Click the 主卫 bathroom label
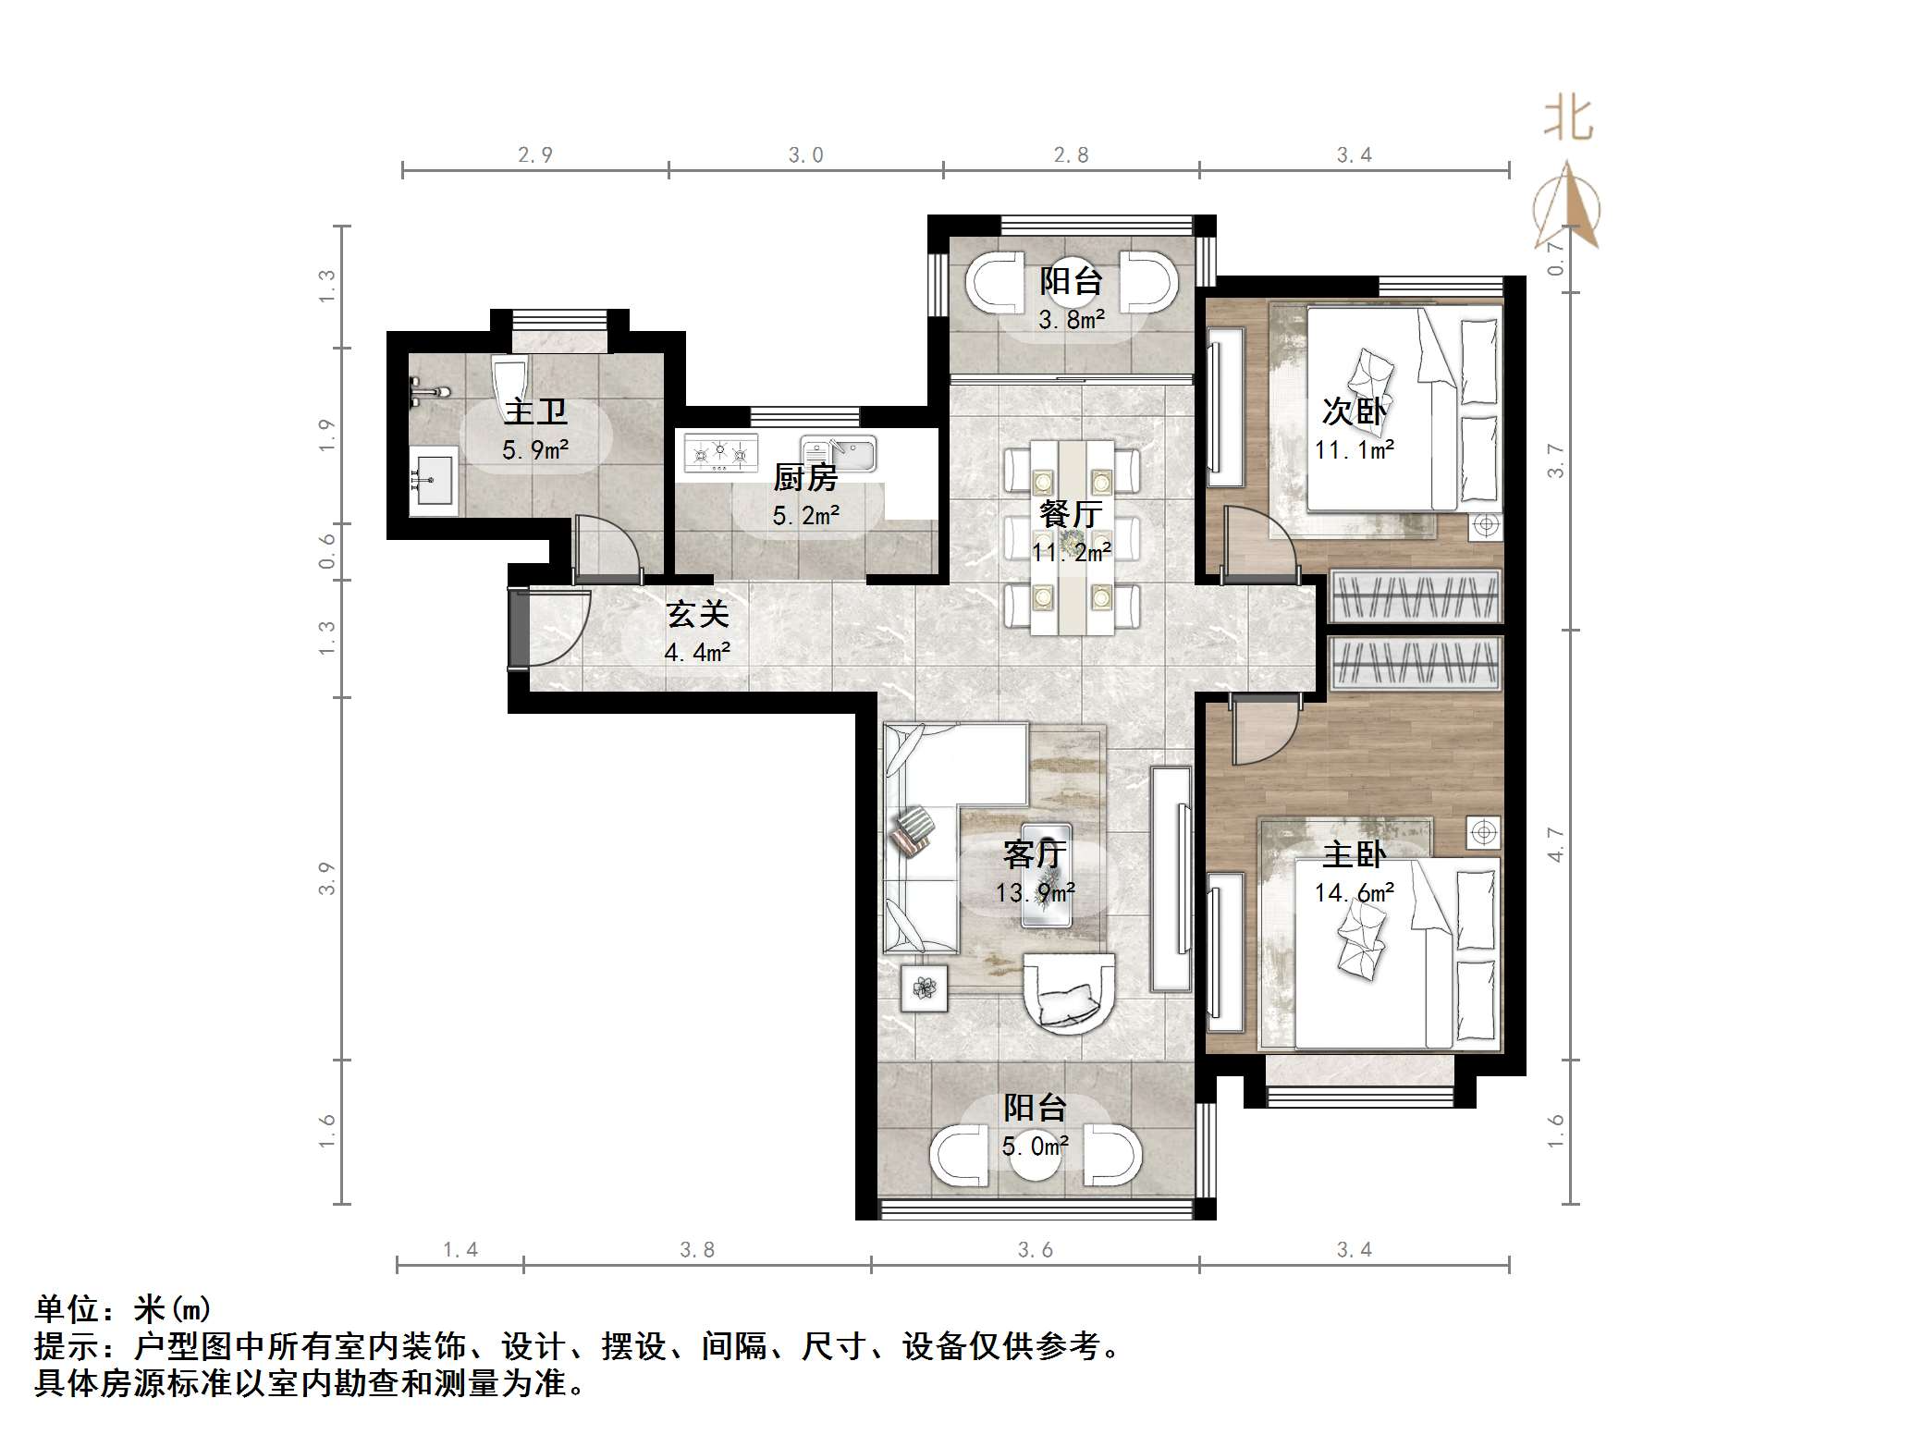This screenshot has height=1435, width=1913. pyautogui.click(x=534, y=411)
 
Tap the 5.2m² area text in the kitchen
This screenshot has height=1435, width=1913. pyautogui.click(x=806, y=516)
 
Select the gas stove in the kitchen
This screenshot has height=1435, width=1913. pyautogui.click(x=719, y=453)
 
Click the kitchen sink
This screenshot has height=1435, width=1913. pyautogui.click(x=839, y=454)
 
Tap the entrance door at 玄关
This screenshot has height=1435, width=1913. pyautogui.click(x=520, y=629)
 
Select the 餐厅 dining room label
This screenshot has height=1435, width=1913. pyautogui.click(x=1071, y=513)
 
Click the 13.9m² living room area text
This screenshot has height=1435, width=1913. pyautogui.click(x=1035, y=892)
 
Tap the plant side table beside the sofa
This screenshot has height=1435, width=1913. pyautogui.click(x=924, y=988)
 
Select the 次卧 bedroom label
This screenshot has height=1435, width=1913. pyautogui.click(x=1354, y=411)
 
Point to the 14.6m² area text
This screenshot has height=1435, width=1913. pyautogui.click(x=1355, y=892)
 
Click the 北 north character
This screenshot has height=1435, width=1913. pyautogui.click(x=1568, y=120)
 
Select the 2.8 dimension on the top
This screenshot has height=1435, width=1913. pyautogui.click(x=1071, y=155)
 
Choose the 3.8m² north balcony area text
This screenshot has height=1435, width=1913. pyautogui.click(x=1072, y=321)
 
